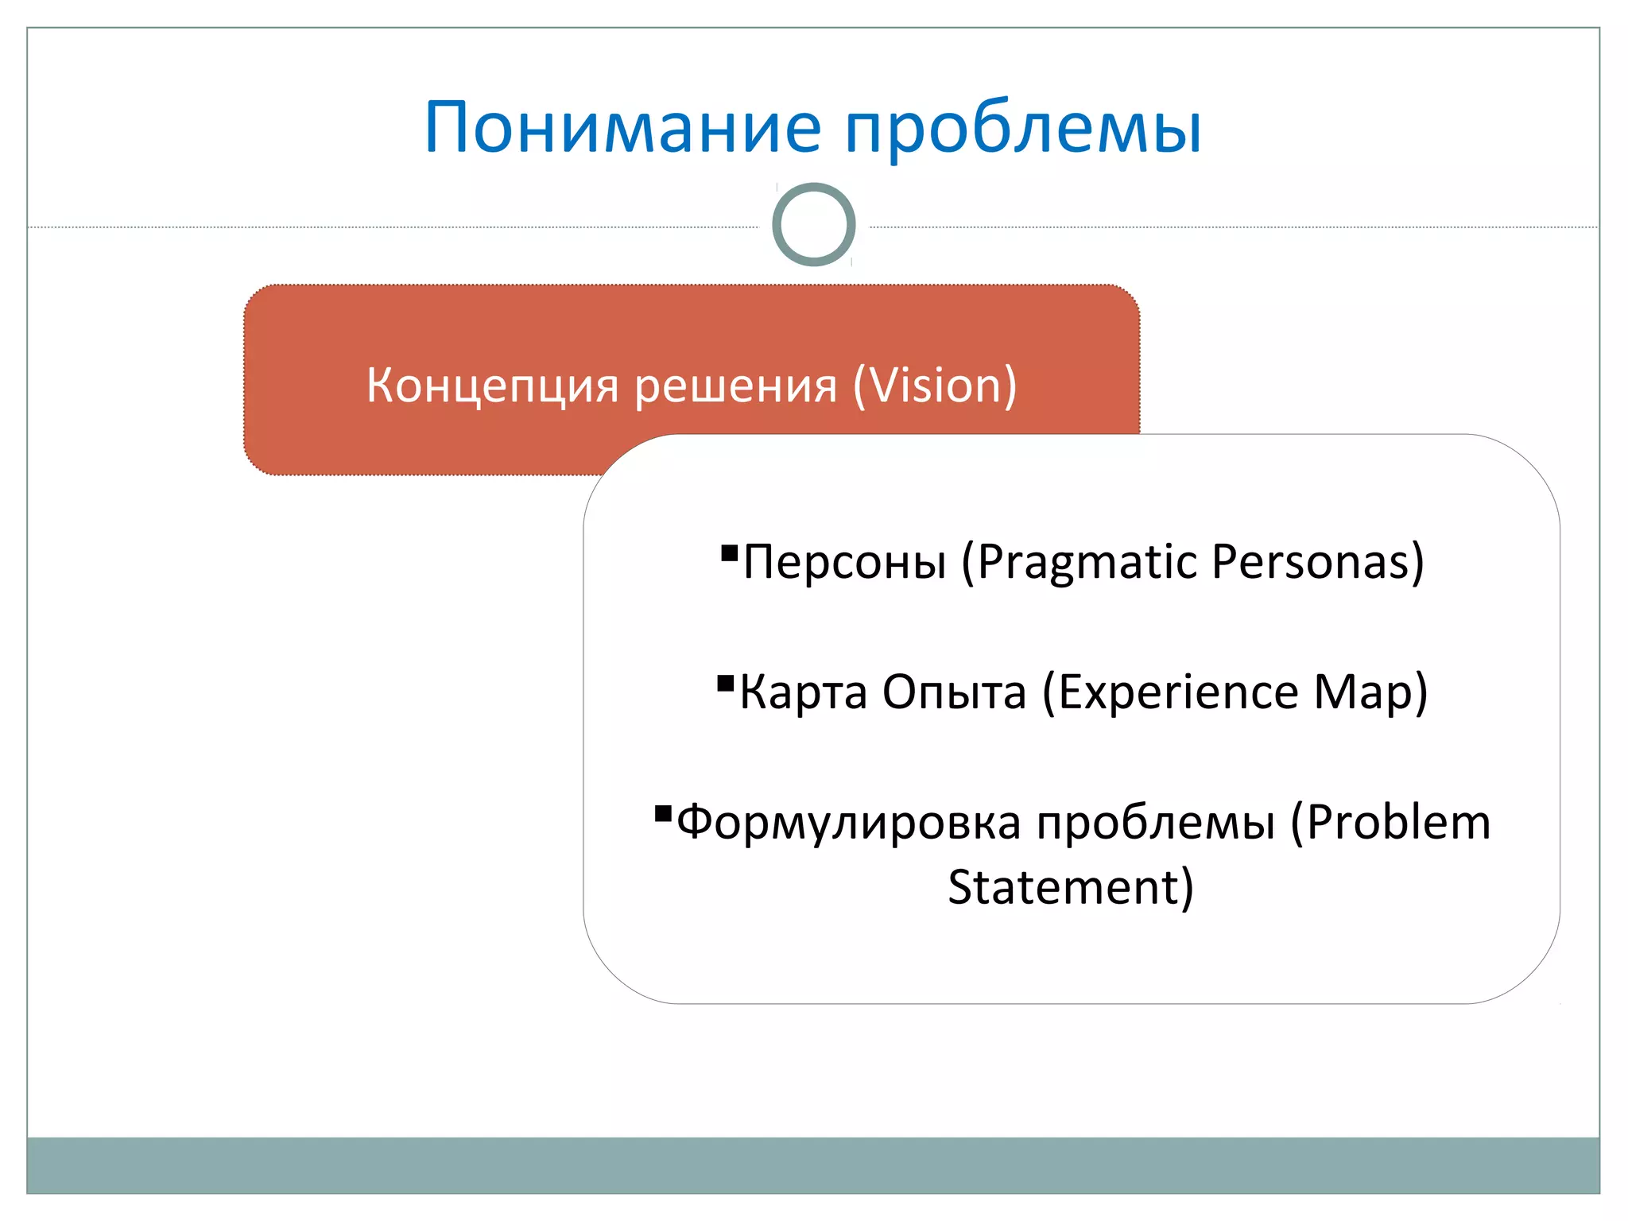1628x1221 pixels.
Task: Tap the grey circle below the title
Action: point(813,224)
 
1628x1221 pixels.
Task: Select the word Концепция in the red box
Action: point(492,386)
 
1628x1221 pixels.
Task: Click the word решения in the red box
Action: point(735,386)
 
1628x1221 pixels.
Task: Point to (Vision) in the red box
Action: point(935,386)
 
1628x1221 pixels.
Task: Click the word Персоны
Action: point(844,562)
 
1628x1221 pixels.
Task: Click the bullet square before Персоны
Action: point(729,552)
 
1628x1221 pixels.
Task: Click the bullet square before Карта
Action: point(725,683)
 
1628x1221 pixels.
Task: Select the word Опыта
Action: point(954,692)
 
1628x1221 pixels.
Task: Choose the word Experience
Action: point(1169,692)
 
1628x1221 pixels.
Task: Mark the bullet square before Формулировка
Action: point(663,813)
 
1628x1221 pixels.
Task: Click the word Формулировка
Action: point(848,823)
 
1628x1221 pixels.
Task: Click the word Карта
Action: point(803,692)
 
